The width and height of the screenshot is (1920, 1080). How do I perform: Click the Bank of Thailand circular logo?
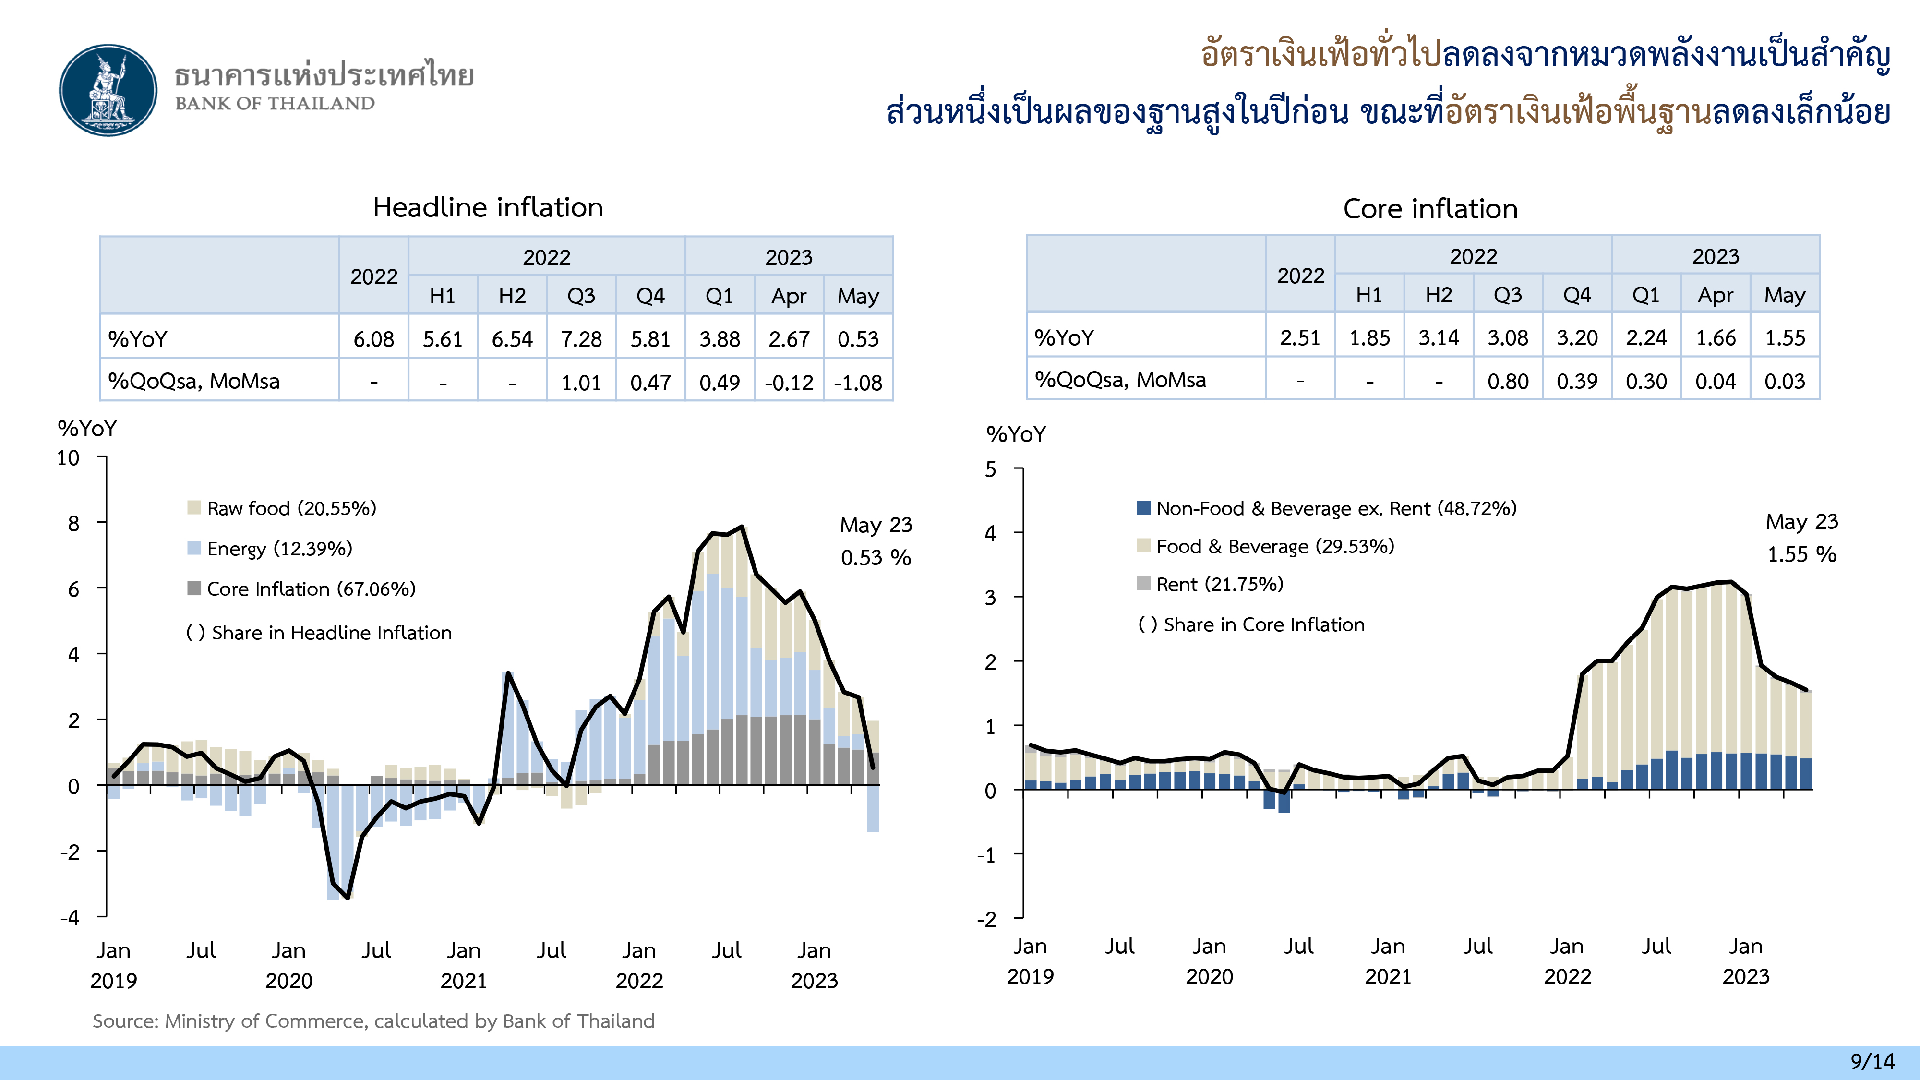point(109,90)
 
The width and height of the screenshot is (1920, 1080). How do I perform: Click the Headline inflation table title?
point(488,207)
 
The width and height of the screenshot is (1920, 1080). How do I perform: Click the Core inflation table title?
point(1429,209)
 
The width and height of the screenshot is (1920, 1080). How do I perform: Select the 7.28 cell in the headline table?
point(581,339)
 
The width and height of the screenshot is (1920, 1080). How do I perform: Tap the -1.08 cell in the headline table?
point(858,383)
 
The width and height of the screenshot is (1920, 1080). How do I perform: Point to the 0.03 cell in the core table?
point(1784,381)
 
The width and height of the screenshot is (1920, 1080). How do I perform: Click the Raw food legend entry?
point(291,508)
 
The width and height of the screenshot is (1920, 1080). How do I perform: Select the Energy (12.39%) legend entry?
point(279,549)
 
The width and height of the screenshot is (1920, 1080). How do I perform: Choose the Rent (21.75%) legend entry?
point(1219,584)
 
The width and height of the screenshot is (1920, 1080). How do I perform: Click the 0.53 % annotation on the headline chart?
point(876,557)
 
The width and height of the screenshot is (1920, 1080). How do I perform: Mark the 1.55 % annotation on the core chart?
point(1801,554)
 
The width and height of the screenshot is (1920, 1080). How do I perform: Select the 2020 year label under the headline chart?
point(288,980)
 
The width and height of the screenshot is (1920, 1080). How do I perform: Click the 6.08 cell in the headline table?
point(373,339)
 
